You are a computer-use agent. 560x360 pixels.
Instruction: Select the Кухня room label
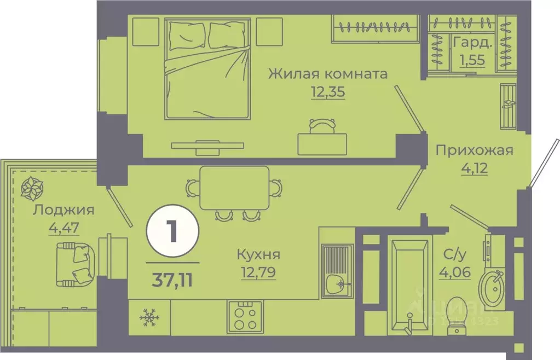(258, 254)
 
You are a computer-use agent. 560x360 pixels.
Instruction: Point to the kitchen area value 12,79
(258, 271)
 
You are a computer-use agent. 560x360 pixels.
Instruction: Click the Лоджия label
(63, 210)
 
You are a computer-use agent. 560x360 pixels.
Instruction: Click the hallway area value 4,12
(474, 167)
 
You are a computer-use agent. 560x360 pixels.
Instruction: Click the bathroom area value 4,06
(455, 271)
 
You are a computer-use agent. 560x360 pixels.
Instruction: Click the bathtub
(409, 284)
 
